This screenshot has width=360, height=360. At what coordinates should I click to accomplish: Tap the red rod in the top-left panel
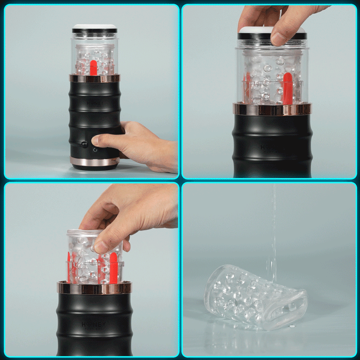point(93,67)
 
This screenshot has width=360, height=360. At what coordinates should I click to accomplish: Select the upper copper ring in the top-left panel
point(94,78)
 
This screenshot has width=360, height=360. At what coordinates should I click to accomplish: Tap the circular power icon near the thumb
point(95,149)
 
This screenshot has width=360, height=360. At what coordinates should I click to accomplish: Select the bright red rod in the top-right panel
point(287,88)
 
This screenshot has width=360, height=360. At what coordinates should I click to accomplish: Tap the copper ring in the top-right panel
point(272,109)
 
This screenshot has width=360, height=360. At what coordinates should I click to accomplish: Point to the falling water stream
point(272,225)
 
